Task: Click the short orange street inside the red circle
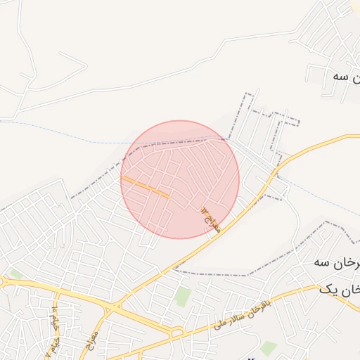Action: point(145,186)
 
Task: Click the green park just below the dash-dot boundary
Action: point(184,296)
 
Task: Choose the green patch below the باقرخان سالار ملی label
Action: point(268,347)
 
